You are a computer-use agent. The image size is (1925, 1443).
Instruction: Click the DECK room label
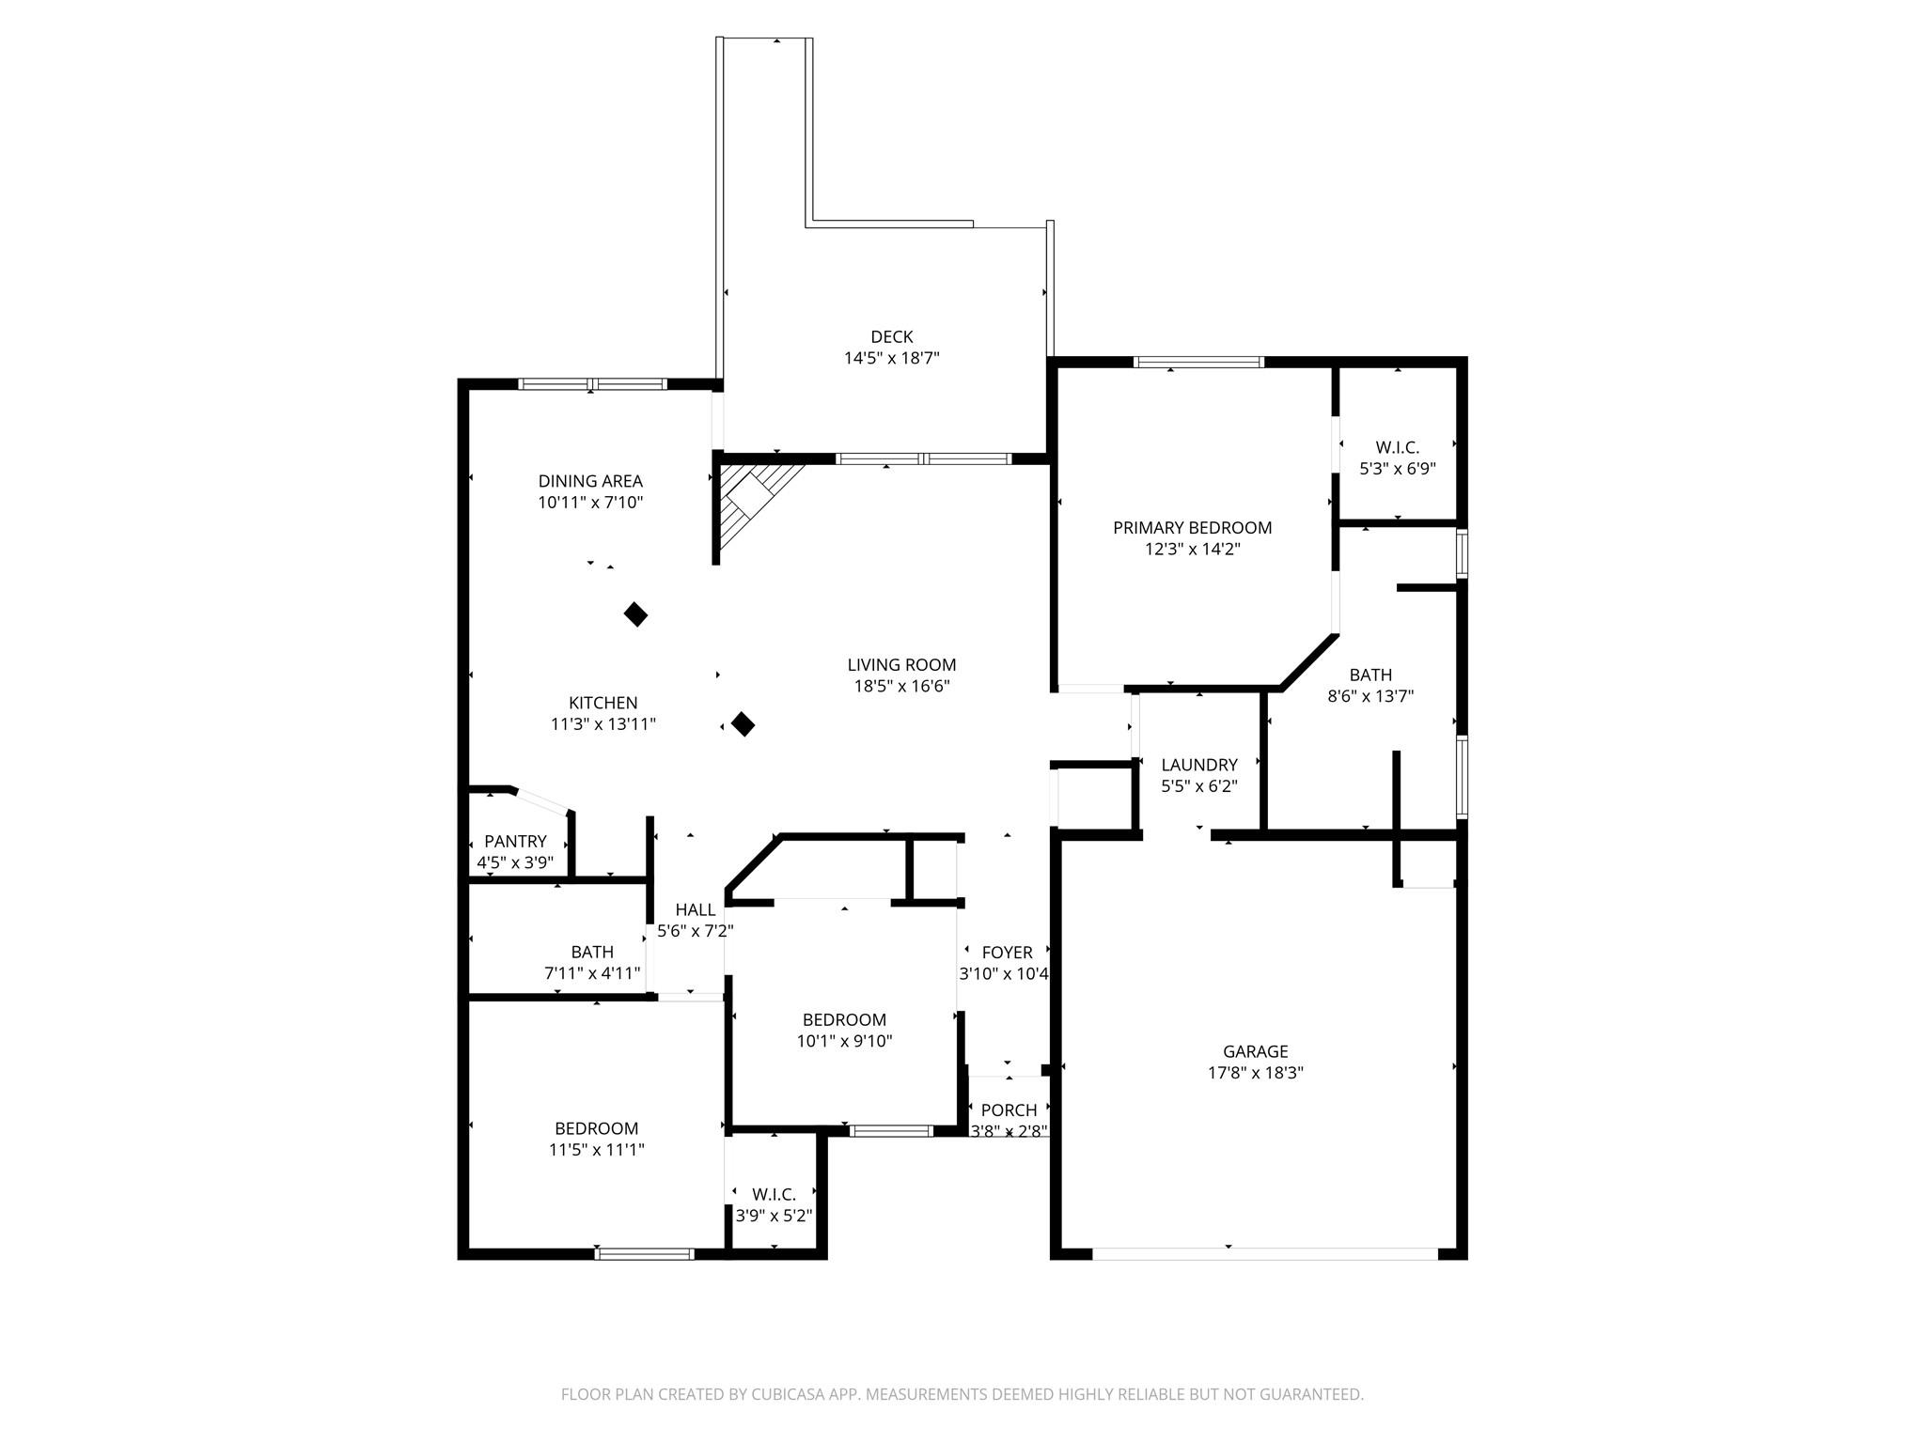pos(891,336)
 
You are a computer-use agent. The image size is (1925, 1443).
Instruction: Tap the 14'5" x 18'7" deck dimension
pos(891,358)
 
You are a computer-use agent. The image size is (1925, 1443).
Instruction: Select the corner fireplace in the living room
pos(758,504)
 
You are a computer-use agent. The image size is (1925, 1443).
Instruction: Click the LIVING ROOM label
pos(901,665)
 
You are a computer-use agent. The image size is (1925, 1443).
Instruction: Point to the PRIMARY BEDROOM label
pos(1192,528)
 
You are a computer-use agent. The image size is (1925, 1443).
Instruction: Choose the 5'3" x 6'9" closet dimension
pos(1398,468)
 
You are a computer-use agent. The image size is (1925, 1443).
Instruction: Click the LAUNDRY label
pos(1198,765)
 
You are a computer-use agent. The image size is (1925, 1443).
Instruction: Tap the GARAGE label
pos(1255,1051)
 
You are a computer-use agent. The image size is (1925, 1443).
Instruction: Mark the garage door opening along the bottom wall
pos(1264,1253)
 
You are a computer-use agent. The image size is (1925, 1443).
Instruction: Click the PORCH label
pos(1009,1110)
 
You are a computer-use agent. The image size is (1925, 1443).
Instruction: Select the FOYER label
pos(1007,953)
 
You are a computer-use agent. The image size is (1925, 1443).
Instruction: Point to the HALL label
pos(696,909)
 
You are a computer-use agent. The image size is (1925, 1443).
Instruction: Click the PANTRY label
pos(515,842)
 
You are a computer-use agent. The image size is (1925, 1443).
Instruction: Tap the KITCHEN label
pos(603,703)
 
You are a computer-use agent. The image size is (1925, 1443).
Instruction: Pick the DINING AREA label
pos(590,481)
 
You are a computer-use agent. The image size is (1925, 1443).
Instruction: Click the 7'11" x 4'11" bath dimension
pos(592,973)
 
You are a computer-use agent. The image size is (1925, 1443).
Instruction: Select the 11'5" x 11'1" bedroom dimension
pos(596,1149)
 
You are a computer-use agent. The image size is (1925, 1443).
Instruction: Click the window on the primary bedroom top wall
pos(1198,362)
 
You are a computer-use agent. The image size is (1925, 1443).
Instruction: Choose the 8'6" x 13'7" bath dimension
pos(1370,696)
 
